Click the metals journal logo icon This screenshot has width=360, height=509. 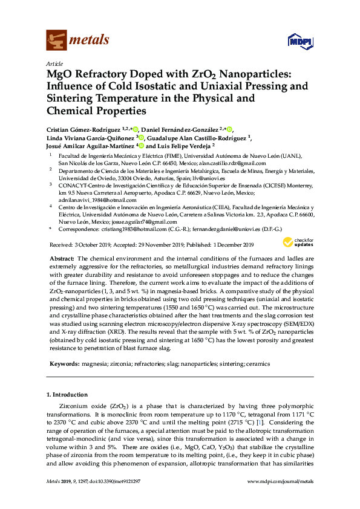coord(56,41)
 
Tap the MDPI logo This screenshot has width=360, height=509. coord(295,41)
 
